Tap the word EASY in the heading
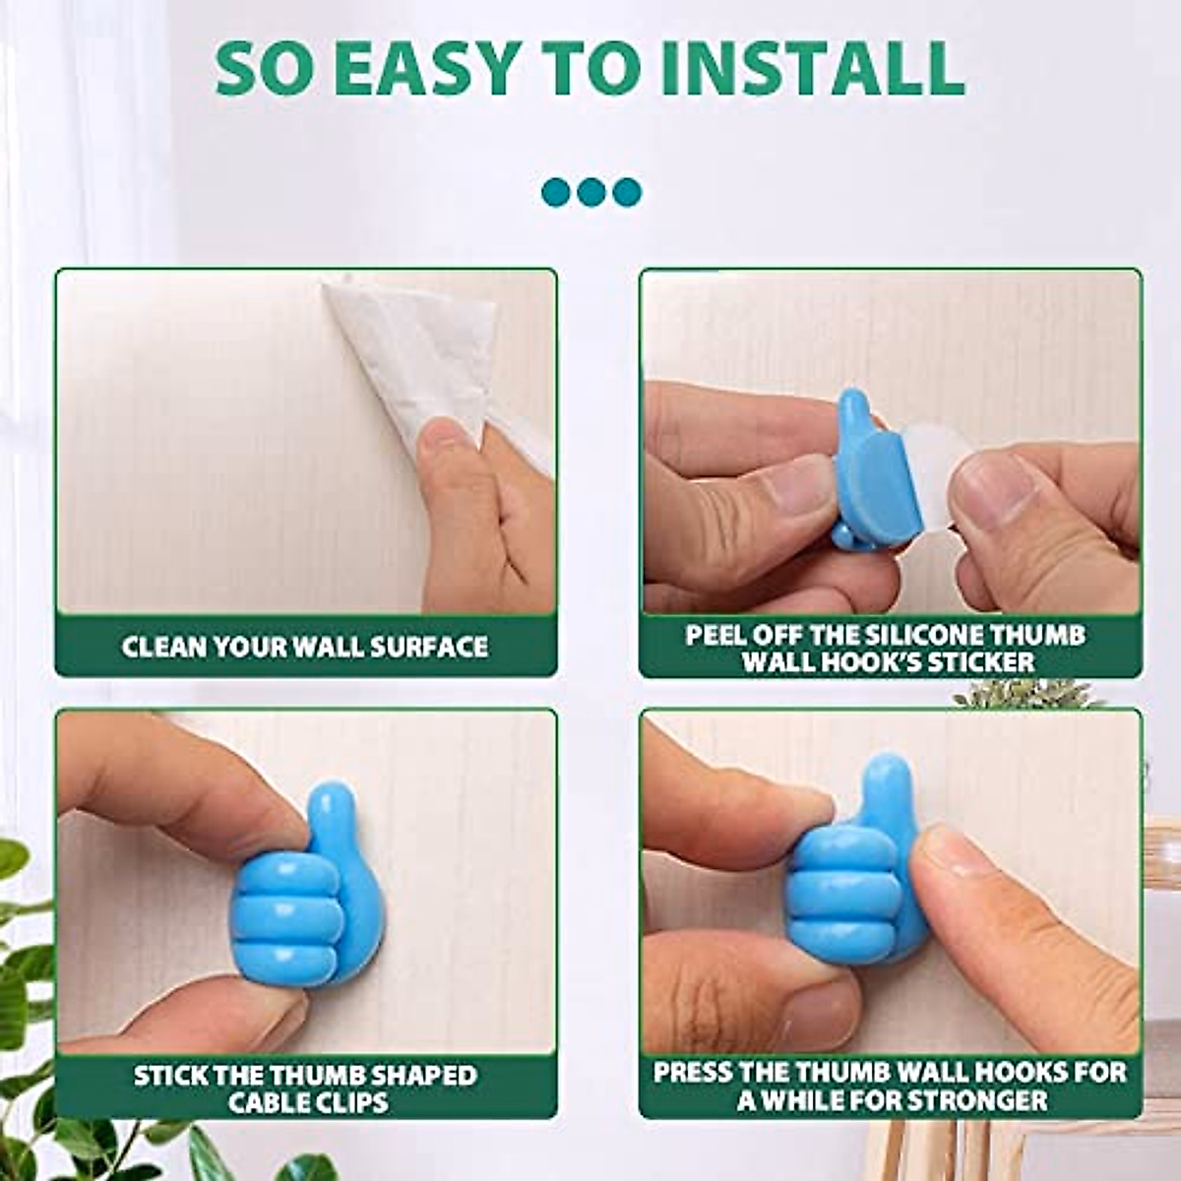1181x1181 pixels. coord(431,67)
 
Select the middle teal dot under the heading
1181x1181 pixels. coord(590,192)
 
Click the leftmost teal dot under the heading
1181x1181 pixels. coord(556,192)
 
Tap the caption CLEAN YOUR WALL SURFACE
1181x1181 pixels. coord(305,647)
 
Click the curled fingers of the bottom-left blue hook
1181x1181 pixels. coord(285,915)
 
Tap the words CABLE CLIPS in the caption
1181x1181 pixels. coord(308,1101)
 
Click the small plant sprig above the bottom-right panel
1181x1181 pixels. coord(1024,694)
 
